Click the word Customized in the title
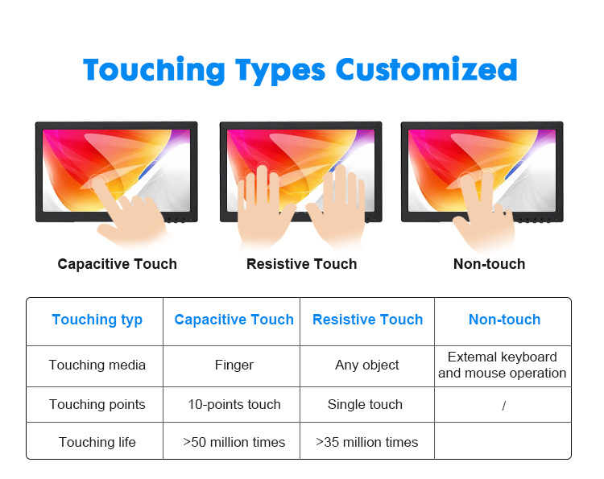click(426, 70)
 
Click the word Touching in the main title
click(154, 70)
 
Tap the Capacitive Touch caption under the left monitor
click(117, 264)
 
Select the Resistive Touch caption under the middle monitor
click(302, 264)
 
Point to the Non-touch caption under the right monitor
click(489, 264)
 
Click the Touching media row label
click(97, 365)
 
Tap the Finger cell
click(234, 365)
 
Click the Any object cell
click(367, 365)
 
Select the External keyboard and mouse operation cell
click(503, 365)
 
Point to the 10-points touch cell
click(234, 404)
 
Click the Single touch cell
click(365, 404)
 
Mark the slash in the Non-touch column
click(504, 406)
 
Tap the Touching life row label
click(97, 442)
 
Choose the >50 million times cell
click(234, 442)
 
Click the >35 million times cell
click(366, 442)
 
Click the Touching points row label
click(97, 404)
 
